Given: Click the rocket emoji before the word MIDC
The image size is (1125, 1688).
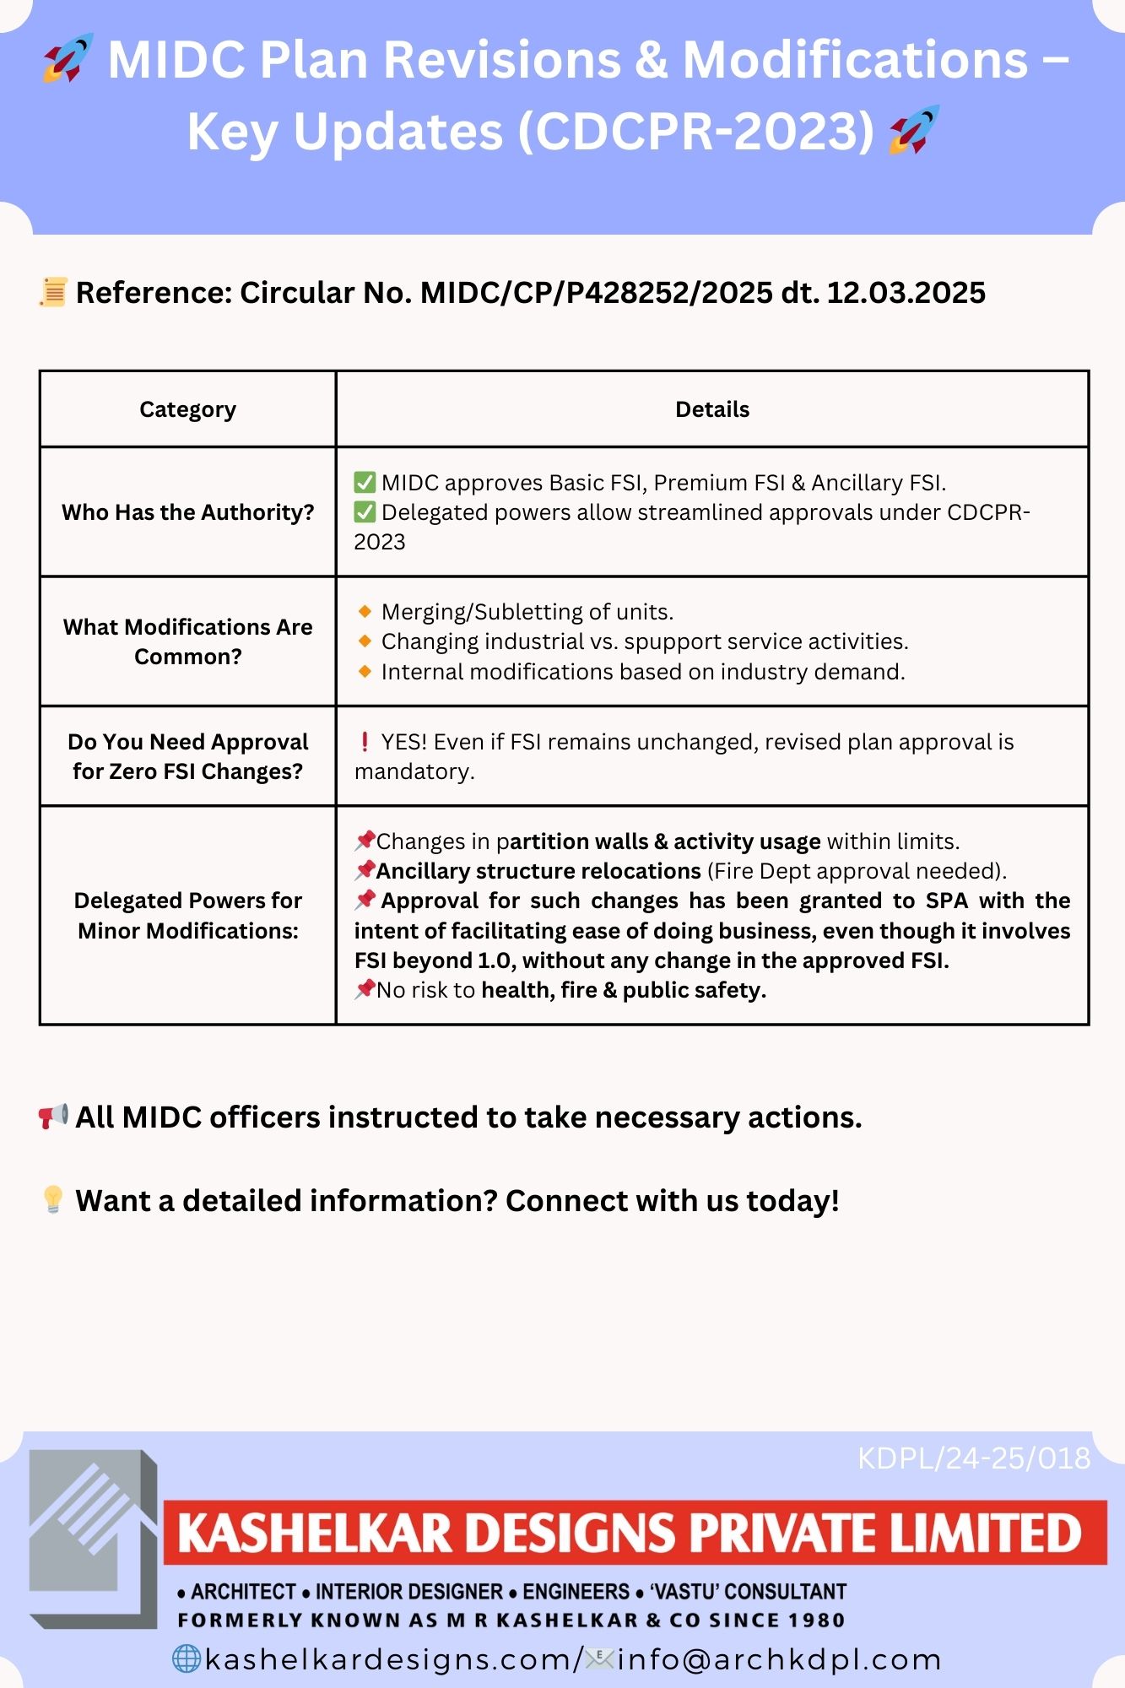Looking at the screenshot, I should pyautogui.click(x=68, y=58).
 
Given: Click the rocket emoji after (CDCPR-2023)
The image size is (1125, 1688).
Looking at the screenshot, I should pyautogui.click(x=914, y=130).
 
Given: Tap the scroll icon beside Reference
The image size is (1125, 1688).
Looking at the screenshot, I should pyautogui.click(x=53, y=292).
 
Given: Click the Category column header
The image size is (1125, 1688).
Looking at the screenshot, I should pyautogui.click(x=187, y=409).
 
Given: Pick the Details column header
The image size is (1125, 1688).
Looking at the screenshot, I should pyautogui.click(x=711, y=409).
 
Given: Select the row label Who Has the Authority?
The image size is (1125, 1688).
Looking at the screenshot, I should pyautogui.click(x=187, y=512).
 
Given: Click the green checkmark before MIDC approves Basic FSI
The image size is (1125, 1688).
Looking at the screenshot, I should pyautogui.click(x=365, y=483).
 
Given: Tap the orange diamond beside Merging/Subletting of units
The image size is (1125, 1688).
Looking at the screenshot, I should pyautogui.click(x=365, y=611).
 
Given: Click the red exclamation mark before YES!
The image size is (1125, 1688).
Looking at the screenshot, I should pyautogui.click(x=365, y=742).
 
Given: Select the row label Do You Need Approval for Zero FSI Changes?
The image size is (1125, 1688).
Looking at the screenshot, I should pyautogui.click(x=187, y=756).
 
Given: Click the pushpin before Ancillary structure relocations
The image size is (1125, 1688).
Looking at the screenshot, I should pyautogui.click(x=365, y=870).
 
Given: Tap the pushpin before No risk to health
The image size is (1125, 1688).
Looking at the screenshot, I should pyautogui.click(x=365, y=989).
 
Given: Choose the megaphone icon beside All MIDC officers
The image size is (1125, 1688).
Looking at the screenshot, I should pyautogui.click(x=53, y=1117).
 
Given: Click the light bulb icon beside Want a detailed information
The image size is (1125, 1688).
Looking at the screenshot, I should pyautogui.click(x=53, y=1199).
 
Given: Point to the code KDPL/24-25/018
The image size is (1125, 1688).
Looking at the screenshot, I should pyautogui.click(x=974, y=1458).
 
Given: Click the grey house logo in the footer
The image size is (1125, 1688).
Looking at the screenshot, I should pyautogui.click(x=94, y=1539).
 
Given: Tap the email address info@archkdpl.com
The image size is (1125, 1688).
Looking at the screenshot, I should pyautogui.click(x=779, y=1659).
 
